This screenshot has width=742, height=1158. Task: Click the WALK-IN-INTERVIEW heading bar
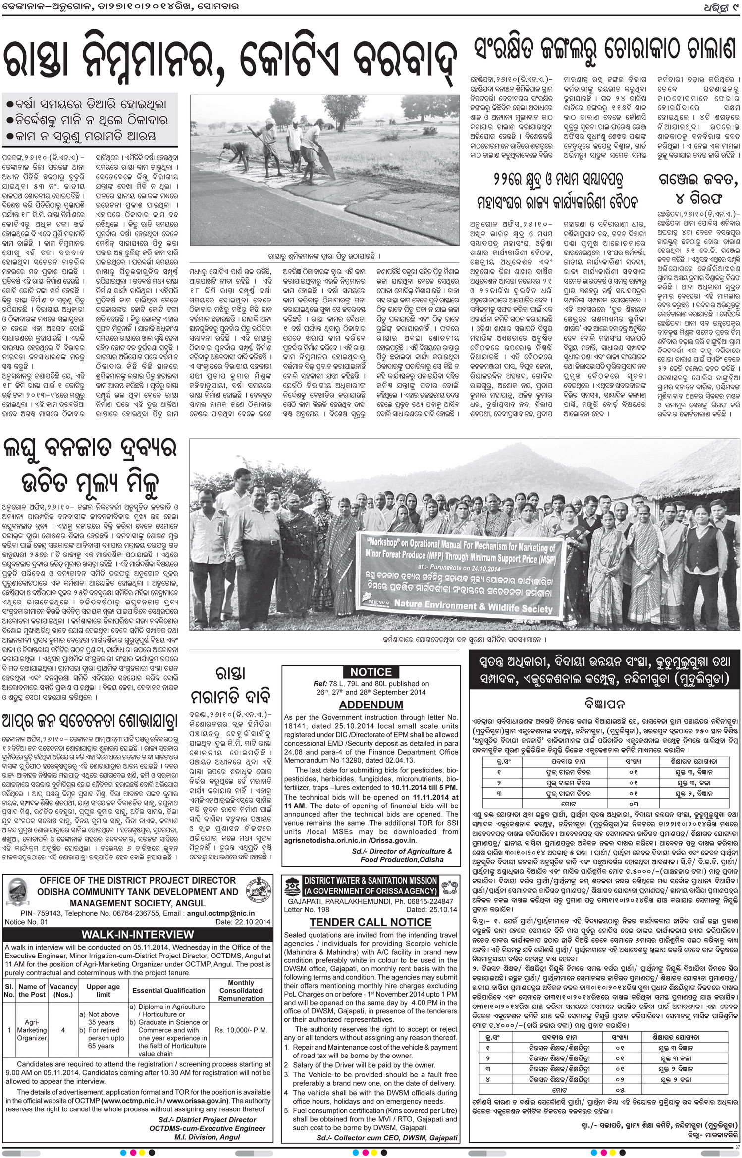(138, 934)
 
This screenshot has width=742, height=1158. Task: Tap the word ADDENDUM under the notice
(371, 705)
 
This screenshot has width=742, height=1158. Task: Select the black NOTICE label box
(371, 672)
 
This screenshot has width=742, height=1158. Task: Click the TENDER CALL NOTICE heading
(371, 922)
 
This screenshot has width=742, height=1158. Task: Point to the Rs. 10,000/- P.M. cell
(241, 1030)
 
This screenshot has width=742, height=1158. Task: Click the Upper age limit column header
(103, 990)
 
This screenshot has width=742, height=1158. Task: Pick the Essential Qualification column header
(168, 990)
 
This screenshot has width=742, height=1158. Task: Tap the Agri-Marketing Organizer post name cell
(32, 1030)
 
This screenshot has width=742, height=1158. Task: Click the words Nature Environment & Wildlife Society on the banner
(473, 606)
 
